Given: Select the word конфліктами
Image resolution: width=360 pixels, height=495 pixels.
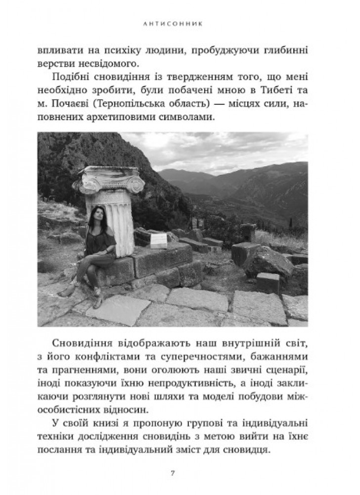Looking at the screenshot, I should tap(103, 355).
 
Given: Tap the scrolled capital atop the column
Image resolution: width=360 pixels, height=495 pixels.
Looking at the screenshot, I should tap(108, 181).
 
